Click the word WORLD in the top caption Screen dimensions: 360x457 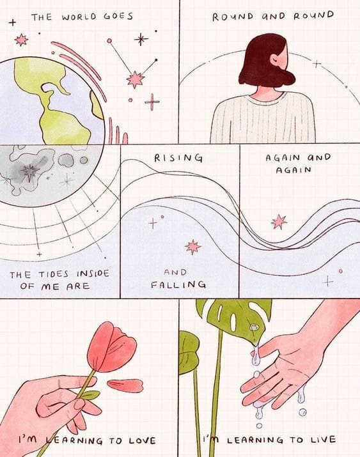79,17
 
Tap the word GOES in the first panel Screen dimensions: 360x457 118,16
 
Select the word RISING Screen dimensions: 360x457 178,158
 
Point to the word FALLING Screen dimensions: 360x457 178,284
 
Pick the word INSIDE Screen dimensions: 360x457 93,274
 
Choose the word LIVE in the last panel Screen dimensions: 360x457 323,440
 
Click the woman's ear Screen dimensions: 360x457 274,60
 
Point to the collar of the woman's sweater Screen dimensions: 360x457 267,98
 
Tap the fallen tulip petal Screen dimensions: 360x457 125,385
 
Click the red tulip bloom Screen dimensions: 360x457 112,347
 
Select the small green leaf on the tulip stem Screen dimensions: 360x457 90,395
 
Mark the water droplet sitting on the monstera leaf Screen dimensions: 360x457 254,327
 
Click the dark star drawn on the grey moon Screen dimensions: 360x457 29,172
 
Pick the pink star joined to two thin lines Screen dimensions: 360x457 136,79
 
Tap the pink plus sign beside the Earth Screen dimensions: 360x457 152,102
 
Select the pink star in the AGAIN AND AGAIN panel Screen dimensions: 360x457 279,222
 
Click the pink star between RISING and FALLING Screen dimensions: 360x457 193,247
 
